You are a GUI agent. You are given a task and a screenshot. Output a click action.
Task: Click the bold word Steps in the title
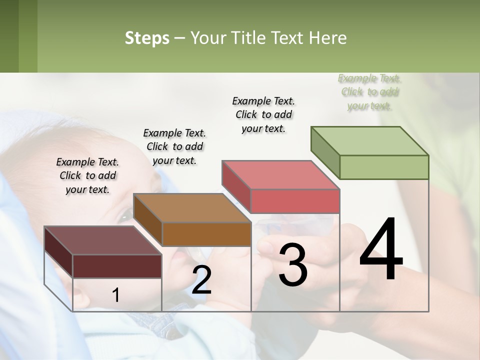click(147, 38)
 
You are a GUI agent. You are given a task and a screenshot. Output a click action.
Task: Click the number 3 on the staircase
click(293, 265)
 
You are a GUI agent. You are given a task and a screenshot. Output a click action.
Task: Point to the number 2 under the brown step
click(201, 280)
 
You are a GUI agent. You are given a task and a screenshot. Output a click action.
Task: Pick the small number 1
click(116, 295)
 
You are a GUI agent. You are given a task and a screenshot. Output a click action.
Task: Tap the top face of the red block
click(281, 175)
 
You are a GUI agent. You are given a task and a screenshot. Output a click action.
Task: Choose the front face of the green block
click(384, 167)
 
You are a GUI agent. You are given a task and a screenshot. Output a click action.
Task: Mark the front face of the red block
click(295, 201)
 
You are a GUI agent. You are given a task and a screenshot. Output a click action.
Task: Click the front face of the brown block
click(206, 234)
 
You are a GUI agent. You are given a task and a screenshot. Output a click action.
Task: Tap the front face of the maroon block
click(117, 266)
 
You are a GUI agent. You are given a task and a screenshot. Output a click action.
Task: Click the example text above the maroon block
click(87, 176)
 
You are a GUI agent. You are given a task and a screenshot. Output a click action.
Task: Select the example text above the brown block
click(174, 147)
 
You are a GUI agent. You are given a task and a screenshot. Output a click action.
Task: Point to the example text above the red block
click(263, 114)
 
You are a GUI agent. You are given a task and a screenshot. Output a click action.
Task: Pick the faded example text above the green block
click(369, 92)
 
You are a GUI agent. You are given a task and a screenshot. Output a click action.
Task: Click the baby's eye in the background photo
click(125, 216)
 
